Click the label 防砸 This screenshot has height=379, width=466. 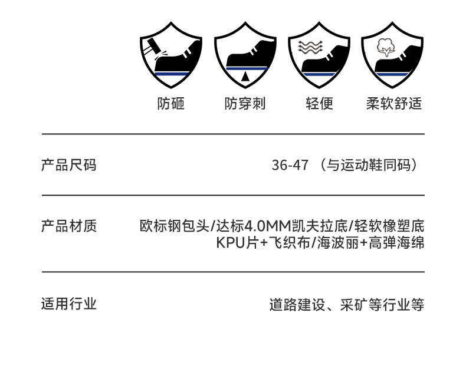point(171,104)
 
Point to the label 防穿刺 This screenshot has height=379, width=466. point(245,104)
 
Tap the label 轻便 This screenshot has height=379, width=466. point(319,104)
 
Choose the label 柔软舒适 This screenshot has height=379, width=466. point(393,104)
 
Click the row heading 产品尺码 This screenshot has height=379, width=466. point(68,165)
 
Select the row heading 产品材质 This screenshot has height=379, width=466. point(68,226)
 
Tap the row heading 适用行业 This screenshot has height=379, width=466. point(68,304)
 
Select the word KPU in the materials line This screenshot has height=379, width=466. point(230,243)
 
